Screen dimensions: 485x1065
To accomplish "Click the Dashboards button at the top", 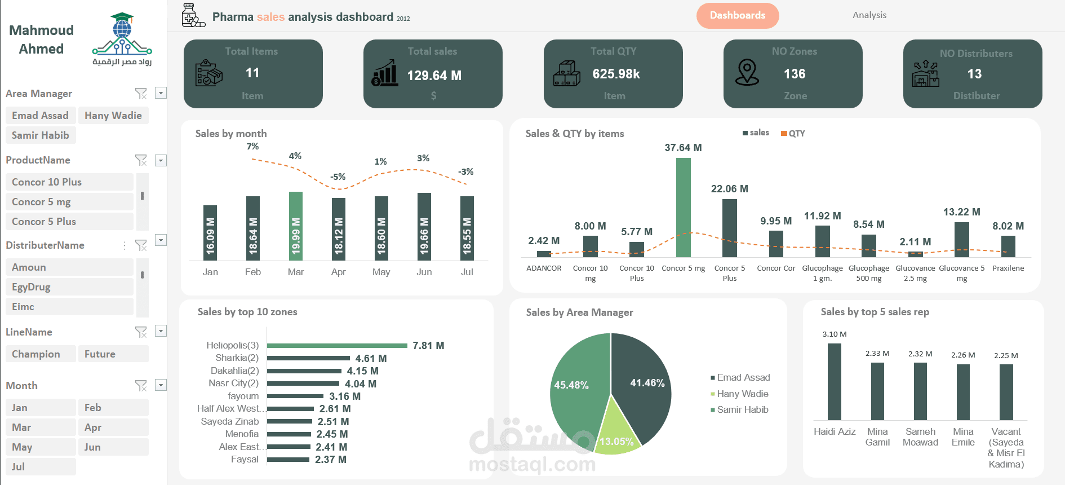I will point(738,16).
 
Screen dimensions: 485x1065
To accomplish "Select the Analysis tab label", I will point(869,15).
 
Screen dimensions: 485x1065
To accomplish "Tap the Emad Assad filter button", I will point(40,116).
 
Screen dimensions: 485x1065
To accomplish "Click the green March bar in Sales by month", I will point(296,226).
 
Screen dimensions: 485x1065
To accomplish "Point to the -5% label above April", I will point(338,177).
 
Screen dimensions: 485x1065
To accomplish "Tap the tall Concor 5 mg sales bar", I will point(684,208).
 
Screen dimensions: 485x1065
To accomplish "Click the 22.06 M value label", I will point(730,189).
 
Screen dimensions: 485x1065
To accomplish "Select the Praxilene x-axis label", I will point(1008,268).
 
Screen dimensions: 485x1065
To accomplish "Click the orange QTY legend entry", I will point(793,134).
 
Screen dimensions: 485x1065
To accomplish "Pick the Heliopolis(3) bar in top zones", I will point(337,346).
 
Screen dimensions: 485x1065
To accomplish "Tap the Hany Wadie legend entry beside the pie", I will point(742,394).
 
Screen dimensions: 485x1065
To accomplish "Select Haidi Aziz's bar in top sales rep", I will point(835,382).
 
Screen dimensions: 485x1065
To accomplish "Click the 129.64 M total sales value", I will point(434,76).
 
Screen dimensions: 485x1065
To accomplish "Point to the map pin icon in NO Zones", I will point(747,73).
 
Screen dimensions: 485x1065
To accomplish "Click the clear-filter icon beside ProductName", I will point(141,160).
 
